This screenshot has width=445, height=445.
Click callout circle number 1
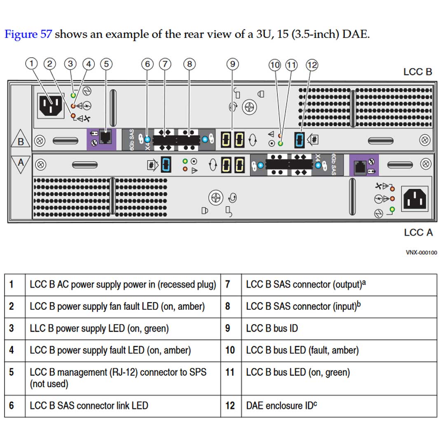coord(32,64)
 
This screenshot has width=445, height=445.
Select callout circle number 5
coord(106,64)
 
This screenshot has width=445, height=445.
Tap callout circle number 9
coord(233,64)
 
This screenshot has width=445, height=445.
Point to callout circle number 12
coord(312,65)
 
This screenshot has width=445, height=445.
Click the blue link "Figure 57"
coord(28,34)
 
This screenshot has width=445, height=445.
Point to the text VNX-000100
coord(421,253)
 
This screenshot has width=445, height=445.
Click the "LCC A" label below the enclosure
coord(418,233)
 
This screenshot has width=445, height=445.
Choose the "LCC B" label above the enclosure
coord(417,72)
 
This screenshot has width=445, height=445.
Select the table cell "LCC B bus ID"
coord(272,328)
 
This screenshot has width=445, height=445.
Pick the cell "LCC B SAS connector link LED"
coord(89,405)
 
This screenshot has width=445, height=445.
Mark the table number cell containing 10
coord(230,350)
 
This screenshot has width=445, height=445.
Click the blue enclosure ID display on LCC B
coord(300,140)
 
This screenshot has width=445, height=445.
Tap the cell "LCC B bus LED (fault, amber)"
coord(302,350)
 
